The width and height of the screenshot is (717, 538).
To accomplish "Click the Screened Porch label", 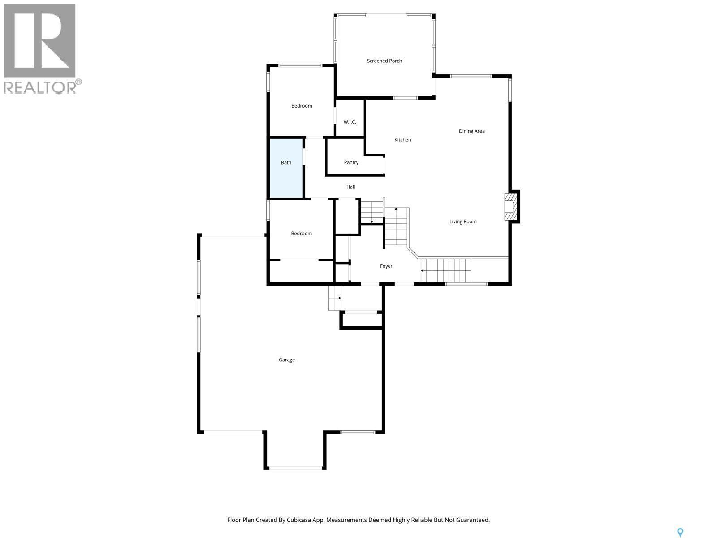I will click(384, 61).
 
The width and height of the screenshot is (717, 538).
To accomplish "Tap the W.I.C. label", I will click(350, 122).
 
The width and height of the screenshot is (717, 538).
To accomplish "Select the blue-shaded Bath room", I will click(286, 168).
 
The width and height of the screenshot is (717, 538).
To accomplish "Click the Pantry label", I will click(351, 162).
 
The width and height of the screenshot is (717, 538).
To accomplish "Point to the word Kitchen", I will click(402, 140).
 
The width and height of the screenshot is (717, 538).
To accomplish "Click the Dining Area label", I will click(471, 131).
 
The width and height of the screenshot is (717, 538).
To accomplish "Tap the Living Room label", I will click(463, 221).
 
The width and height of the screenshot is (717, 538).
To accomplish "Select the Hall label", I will click(350, 187).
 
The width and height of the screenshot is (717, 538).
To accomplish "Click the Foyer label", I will click(386, 266).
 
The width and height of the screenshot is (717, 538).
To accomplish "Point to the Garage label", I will click(287, 360).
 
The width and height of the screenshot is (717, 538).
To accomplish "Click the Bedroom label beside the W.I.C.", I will click(302, 106).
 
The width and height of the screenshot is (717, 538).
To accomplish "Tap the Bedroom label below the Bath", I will click(301, 234).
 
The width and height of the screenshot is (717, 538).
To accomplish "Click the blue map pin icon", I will click(680, 532).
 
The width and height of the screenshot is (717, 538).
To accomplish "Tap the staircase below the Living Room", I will click(446, 270).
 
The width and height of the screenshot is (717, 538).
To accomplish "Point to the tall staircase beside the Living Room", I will click(397, 226).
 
